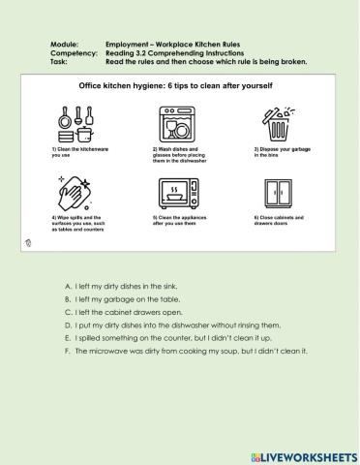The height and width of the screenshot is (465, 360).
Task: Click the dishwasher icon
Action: pos(175,123)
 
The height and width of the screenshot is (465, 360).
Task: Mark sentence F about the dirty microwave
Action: pos(183,351)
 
